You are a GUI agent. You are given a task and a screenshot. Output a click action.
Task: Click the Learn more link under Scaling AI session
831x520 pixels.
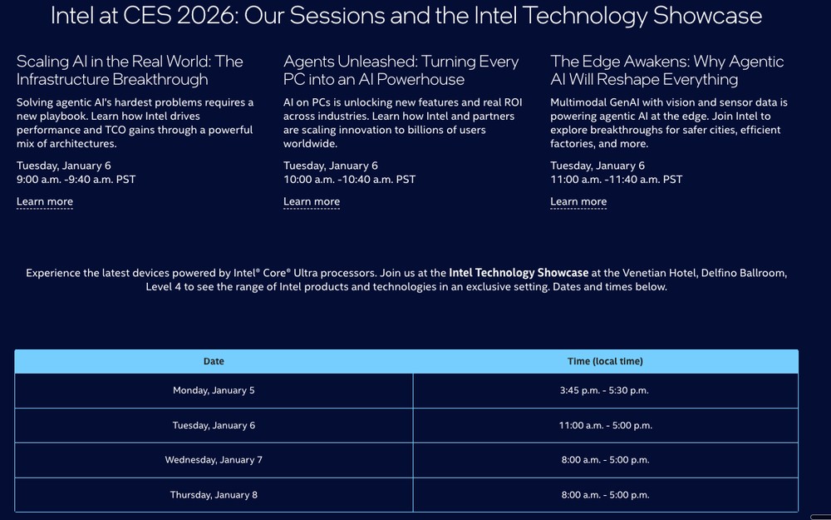tap(45, 201)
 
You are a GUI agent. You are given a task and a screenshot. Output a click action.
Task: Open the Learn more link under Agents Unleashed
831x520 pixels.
tap(312, 201)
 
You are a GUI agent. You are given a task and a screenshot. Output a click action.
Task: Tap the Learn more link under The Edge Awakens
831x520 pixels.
tap(578, 201)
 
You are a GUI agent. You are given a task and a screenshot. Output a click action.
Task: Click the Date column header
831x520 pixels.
tap(214, 361)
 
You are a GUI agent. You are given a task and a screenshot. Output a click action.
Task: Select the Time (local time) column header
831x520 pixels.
tap(605, 361)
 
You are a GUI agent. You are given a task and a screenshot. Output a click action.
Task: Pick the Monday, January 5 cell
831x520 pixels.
tap(214, 390)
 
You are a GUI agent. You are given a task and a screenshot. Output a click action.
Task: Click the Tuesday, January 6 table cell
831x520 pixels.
tap(214, 425)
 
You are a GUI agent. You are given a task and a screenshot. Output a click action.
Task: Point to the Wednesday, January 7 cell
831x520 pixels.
tap(214, 459)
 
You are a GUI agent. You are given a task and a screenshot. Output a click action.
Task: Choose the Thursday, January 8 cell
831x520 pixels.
tap(214, 494)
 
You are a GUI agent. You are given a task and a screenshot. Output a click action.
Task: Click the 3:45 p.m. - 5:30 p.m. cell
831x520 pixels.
tap(605, 390)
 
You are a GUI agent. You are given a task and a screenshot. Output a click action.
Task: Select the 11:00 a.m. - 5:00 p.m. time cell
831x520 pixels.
tap(605, 425)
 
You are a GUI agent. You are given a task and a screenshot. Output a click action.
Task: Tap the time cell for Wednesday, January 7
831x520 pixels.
tap(605, 459)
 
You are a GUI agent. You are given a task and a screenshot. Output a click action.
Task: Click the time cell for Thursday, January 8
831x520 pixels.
tap(605, 494)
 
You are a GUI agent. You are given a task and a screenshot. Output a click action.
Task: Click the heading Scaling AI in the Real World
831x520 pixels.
tap(130, 70)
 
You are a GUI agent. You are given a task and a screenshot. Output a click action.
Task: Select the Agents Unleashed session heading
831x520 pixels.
tap(401, 70)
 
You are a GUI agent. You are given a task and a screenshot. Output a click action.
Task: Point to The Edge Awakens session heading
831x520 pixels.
tap(667, 70)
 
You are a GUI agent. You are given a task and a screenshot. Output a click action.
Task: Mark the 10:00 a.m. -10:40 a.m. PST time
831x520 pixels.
tap(349, 179)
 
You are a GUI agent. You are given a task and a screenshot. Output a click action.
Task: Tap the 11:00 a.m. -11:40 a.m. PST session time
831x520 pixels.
tap(616, 179)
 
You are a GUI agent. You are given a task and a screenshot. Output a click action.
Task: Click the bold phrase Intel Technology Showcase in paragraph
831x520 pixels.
tap(519, 272)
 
